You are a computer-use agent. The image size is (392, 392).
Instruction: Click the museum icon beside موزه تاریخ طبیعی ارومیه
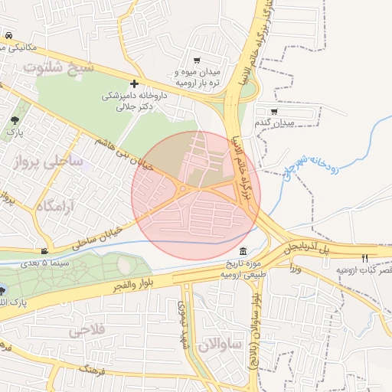point(243,253)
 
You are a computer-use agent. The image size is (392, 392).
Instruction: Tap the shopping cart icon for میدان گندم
point(274,111)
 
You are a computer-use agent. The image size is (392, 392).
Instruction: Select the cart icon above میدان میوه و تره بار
point(198,60)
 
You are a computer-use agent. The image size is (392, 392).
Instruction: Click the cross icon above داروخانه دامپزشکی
point(134,83)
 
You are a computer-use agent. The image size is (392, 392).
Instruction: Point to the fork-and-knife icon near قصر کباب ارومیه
point(364,258)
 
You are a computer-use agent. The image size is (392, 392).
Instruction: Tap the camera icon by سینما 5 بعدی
point(45,251)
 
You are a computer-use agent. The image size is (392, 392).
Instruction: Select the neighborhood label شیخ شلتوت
point(58,67)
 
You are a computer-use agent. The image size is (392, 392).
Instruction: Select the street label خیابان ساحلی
point(98,237)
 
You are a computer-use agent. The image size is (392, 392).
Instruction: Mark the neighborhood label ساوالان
point(219,345)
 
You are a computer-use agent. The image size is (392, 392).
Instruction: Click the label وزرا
point(296,269)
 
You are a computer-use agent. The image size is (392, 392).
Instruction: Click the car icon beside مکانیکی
point(8,36)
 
